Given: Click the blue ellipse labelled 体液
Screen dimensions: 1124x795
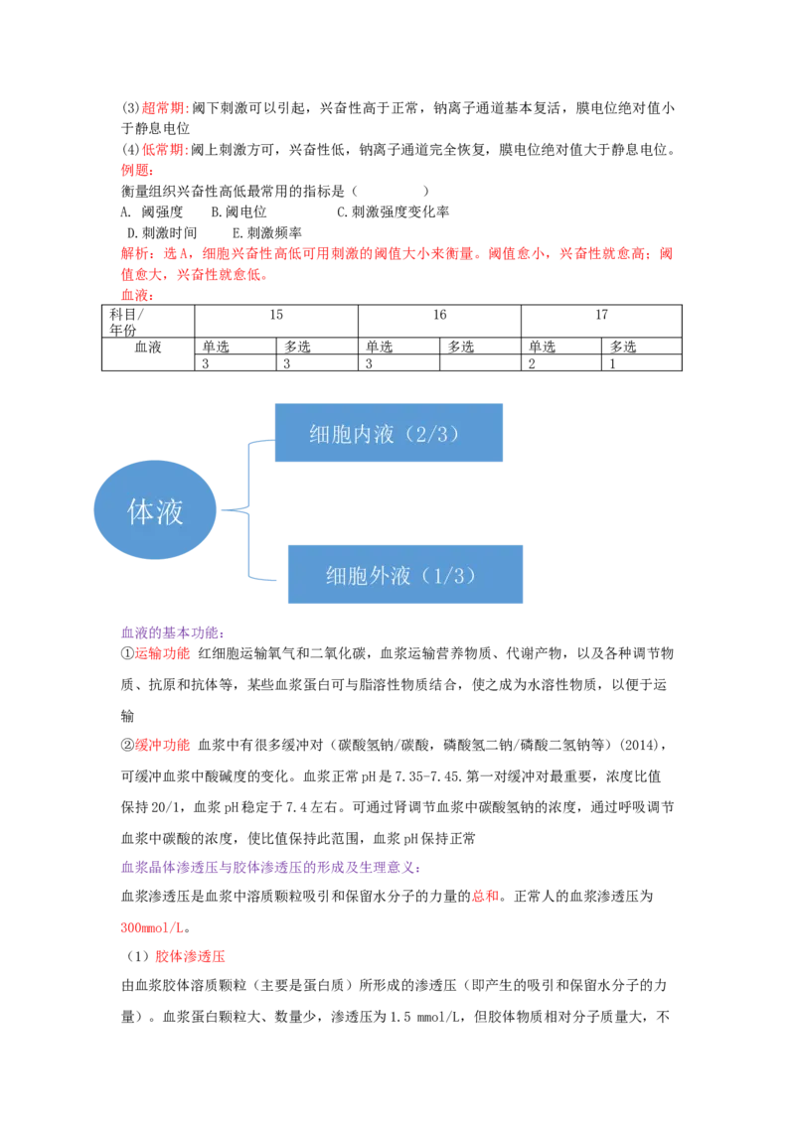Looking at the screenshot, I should pos(155,510).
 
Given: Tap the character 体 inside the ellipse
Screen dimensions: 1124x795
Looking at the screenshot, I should pos(141,511).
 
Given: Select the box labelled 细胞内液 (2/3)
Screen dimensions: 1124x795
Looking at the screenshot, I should pos(389,433).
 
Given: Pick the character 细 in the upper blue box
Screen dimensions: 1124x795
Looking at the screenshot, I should pos(319,434).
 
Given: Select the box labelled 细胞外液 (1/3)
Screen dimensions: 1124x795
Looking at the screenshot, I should pos(404,575).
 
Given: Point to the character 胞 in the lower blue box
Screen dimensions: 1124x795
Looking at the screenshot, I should pos(357,576).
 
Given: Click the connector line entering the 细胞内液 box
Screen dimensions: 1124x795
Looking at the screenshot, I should pos(259,439).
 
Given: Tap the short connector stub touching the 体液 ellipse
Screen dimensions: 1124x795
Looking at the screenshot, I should pos(234,510).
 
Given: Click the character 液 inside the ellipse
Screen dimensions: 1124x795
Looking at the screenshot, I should pos(170,511).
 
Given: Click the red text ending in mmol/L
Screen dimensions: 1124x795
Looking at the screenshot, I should pos(151,928).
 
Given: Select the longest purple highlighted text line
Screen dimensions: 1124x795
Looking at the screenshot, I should pos(269,867).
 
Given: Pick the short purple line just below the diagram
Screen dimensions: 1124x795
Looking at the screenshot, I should pos(174,632).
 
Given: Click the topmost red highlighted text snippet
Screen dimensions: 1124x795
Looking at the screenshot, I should pos(164,107).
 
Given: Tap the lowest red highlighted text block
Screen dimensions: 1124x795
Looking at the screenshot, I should pos(191,957).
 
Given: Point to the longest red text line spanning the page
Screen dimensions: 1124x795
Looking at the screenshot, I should pos(397,254).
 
